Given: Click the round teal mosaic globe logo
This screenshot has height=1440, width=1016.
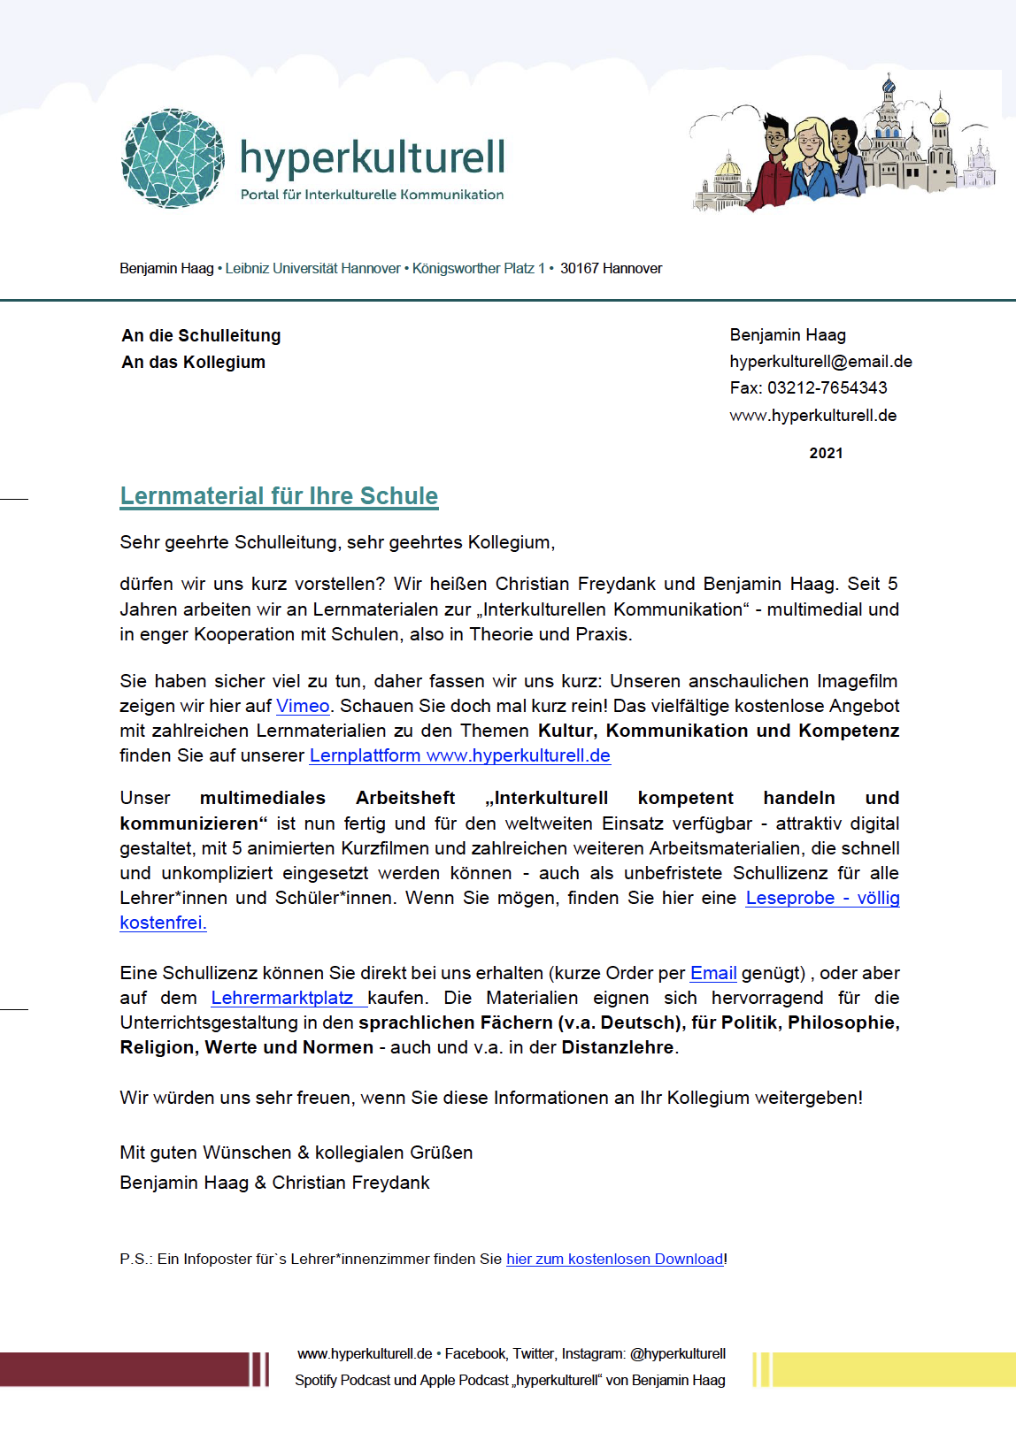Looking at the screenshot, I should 173,159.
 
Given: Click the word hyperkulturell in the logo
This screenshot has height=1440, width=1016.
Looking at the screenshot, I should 372,157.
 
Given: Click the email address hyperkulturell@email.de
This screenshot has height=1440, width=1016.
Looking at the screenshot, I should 820,361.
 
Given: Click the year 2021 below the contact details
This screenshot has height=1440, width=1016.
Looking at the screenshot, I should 826,453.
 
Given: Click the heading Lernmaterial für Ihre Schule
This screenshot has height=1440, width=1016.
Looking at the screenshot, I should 279,496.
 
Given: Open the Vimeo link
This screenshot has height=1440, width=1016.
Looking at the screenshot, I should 303,706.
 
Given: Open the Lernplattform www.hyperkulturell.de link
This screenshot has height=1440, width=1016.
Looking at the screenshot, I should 459,755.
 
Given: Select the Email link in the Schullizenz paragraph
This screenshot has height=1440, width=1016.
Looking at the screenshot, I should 713,973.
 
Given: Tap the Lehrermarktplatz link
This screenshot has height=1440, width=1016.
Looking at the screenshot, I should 282,998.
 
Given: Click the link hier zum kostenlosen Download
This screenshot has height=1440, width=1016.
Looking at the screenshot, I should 614,1259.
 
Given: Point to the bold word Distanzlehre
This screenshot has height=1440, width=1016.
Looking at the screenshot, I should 618,1047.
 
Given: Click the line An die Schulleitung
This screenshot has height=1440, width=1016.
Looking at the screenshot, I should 201,335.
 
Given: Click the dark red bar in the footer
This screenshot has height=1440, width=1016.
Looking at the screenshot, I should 124,1369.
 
